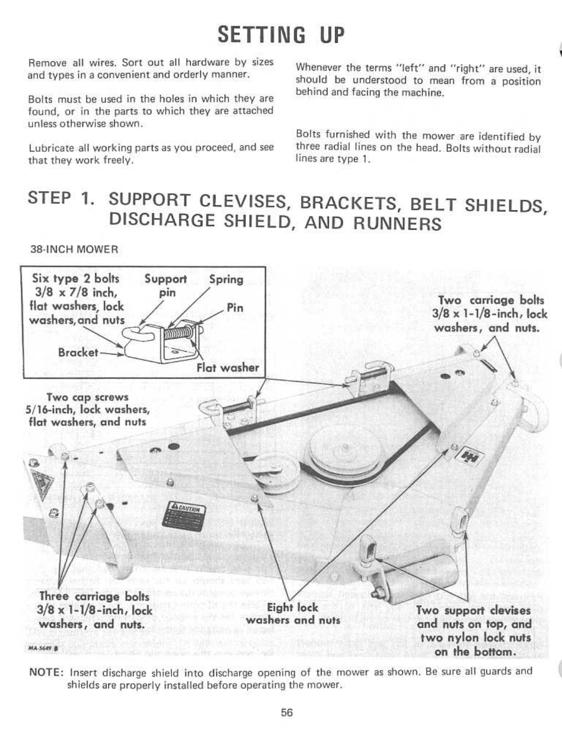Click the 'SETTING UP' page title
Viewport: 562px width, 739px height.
point(280,35)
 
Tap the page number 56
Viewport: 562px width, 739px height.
point(287,712)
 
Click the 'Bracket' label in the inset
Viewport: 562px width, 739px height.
point(78,352)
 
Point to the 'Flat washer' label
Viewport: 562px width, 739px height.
point(228,367)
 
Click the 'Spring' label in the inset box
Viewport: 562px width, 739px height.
point(226,279)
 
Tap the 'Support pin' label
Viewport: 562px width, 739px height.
point(166,285)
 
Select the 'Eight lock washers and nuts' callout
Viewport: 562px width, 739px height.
point(293,614)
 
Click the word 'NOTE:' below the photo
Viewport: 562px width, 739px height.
point(46,673)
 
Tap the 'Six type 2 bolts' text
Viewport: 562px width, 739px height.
point(76,279)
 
